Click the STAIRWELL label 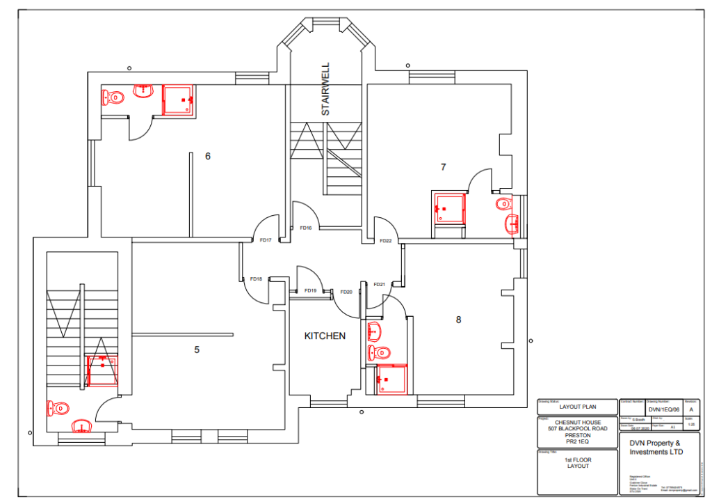pyautogui.click(x=325, y=88)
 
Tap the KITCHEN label pyautogui.click(x=325, y=336)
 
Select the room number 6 pyautogui.click(x=207, y=156)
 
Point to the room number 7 pyautogui.click(x=443, y=166)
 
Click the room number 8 pyautogui.click(x=458, y=320)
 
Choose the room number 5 pyautogui.click(x=197, y=350)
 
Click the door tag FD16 pyautogui.click(x=305, y=228)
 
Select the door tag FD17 pyautogui.click(x=265, y=240)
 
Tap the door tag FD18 pyautogui.click(x=255, y=279)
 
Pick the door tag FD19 pyautogui.click(x=310, y=290)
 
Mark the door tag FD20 pyautogui.click(x=346, y=292)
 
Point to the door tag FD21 pyautogui.click(x=379, y=284)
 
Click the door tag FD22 pyautogui.click(x=385, y=241)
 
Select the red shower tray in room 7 pyautogui.click(x=448, y=208)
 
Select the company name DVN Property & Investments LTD pyautogui.click(x=655, y=448)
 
